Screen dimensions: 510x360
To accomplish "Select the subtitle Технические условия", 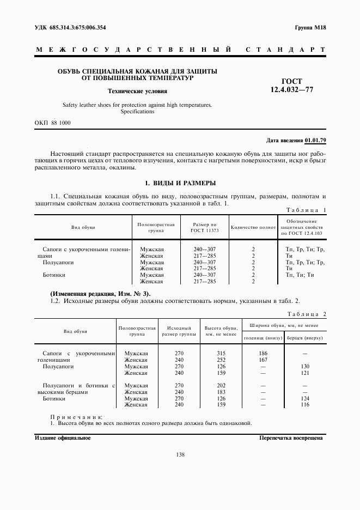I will [x=137, y=92].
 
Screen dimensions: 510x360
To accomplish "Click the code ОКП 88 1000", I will [x=52, y=123].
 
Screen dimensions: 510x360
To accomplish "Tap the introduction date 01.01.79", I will [x=315, y=141].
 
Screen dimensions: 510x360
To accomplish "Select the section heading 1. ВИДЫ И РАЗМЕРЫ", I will [x=180, y=183].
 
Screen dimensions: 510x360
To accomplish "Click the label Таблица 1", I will [x=306, y=210].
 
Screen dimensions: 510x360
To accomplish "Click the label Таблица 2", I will [x=306, y=315].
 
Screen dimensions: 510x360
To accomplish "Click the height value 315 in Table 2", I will [x=221, y=354].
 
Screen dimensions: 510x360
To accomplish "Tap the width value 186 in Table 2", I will [x=263, y=354].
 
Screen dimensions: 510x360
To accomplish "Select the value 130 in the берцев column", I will [x=305, y=367].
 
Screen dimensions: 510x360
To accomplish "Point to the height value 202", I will [x=221, y=385].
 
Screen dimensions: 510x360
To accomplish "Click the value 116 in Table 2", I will [x=305, y=405].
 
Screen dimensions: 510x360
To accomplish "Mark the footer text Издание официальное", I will [x=63, y=438].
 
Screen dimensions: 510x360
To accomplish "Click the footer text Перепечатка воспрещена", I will [x=291, y=438].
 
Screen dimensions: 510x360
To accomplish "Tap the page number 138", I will [x=180, y=455].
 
